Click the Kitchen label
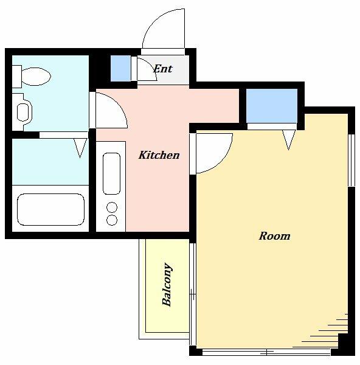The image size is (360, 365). [159, 155]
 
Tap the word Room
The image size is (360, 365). [275, 236]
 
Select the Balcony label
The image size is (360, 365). [167, 284]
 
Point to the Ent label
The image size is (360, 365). [163, 69]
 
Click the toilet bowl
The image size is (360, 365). [36, 77]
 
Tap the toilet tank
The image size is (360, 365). [17, 77]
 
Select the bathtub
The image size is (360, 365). [50, 209]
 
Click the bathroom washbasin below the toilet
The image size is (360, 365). [23, 113]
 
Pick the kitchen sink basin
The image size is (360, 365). [111, 173]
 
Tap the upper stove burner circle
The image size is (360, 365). [112, 207]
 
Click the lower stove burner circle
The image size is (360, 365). [112, 220]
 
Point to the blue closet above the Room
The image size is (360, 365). [272, 106]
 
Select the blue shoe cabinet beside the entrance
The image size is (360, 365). [120, 68]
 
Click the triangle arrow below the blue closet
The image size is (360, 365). [289, 140]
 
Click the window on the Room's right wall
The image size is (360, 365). [351, 161]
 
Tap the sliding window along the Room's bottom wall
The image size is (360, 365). [266, 352]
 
